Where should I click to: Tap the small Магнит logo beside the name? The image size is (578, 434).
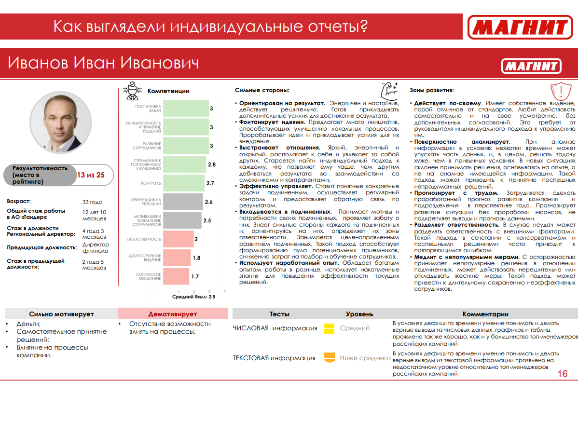(x=531, y=66)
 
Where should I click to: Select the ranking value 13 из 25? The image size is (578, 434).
(x=91, y=175)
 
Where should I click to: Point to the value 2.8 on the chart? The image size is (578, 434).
(x=211, y=164)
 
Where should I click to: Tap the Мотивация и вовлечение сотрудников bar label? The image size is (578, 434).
(x=148, y=220)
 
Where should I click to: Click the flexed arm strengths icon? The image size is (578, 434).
(x=388, y=90)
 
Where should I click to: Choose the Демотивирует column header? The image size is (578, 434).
(x=173, y=314)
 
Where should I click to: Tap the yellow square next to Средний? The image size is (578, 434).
(x=329, y=328)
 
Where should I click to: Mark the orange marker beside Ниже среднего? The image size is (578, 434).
(x=329, y=357)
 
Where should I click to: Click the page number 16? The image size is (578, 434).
(x=562, y=374)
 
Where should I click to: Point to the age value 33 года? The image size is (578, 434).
(x=93, y=202)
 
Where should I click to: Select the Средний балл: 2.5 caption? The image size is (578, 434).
(x=193, y=297)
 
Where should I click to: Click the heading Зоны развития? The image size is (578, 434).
(x=432, y=90)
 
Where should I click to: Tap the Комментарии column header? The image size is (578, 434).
(x=485, y=314)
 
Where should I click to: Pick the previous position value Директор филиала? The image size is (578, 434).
(x=96, y=247)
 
